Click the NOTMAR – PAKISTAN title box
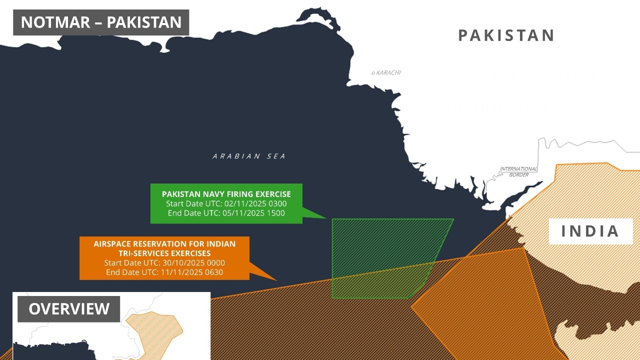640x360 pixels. (x=101, y=22)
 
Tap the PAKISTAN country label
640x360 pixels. (x=506, y=35)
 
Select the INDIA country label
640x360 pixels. (x=590, y=231)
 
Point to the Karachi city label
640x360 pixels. (x=388, y=73)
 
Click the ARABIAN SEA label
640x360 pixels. (x=249, y=156)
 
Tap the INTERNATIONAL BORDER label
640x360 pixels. (x=518, y=171)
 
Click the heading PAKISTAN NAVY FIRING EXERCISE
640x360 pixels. (x=226, y=194)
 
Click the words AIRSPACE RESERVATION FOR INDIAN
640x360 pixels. (x=164, y=244)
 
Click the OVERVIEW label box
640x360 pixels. (x=69, y=309)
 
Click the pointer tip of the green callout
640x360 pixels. (x=326, y=218)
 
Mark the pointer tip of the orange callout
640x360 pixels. (x=276, y=280)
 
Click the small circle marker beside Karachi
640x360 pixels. (x=373, y=73)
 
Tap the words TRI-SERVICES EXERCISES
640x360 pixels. (x=164, y=253)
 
